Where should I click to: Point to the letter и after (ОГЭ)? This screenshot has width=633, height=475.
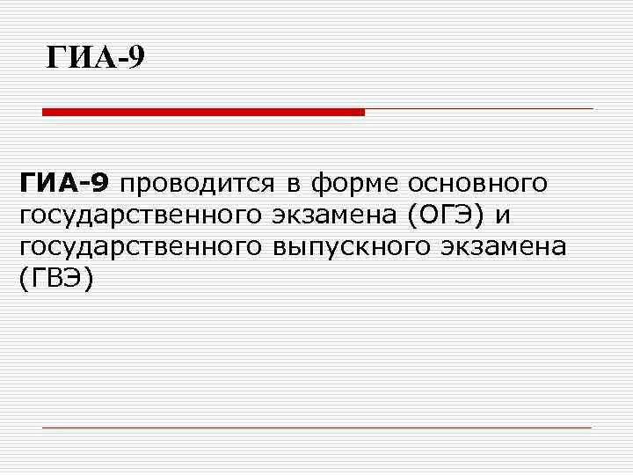pos(504,216)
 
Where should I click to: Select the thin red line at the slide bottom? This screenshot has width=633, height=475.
pos(316,427)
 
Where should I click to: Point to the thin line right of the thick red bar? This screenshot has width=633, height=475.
pos(479,109)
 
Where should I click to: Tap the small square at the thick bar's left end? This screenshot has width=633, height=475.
pos(46,112)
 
